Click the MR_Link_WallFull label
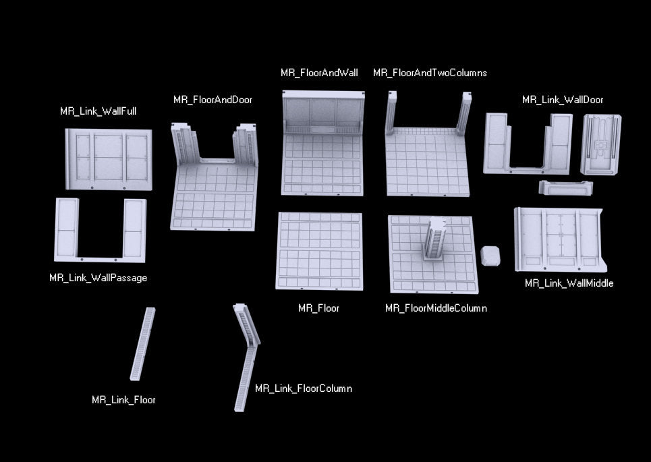(x=98, y=111)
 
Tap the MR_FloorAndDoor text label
(x=213, y=100)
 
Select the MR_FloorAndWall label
(x=319, y=73)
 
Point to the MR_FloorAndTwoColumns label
(x=430, y=73)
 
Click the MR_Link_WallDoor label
(x=563, y=100)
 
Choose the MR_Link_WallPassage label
(x=98, y=278)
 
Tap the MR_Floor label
(x=318, y=308)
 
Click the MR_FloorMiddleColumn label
(x=436, y=308)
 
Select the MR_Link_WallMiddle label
(x=569, y=283)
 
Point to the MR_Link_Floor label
(x=123, y=400)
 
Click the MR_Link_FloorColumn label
(x=304, y=388)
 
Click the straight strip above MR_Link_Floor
(x=142, y=344)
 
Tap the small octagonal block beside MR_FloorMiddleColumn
(x=490, y=256)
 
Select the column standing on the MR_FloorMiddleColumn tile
(x=434, y=239)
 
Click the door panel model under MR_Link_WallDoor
(x=600, y=144)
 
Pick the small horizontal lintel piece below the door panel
(x=565, y=187)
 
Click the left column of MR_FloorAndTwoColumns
(x=391, y=113)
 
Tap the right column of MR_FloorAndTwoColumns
(x=465, y=113)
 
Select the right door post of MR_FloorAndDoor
(x=246, y=144)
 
